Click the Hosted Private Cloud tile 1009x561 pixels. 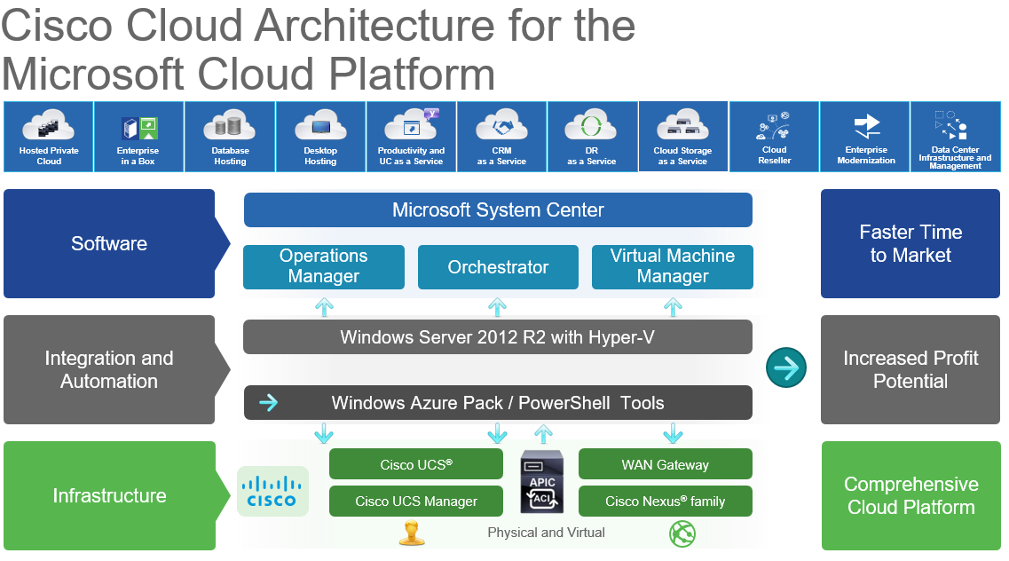[x=48, y=137]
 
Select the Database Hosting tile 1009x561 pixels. [x=230, y=137]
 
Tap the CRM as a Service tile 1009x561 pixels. [x=501, y=137]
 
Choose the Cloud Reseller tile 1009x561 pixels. [x=774, y=137]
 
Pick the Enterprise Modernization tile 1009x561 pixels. [x=865, y=137]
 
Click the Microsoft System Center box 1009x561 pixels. [x=498, y=209]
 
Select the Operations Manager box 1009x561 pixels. [x=324, y=266]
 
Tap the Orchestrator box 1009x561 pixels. [x=498, y=266]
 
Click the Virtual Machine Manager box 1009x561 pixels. [x=673, y=266]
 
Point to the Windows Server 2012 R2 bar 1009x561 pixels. [x=498, y=337]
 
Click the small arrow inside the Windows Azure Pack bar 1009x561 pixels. [x=268, y=403]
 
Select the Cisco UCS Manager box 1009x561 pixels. [x=415, y=502]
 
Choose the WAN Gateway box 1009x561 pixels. [x=666, y=464]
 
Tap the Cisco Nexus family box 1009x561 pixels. [x=666, y=502]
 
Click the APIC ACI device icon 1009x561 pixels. [x=542, y=482]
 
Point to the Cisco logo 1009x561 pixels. [x=272, y=492]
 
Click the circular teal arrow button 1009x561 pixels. [x=786, y=368]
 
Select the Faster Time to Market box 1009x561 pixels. [x=910, y=243]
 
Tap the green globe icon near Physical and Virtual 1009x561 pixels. [x=682, y=534]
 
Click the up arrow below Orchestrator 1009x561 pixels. [x=497, y=307]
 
